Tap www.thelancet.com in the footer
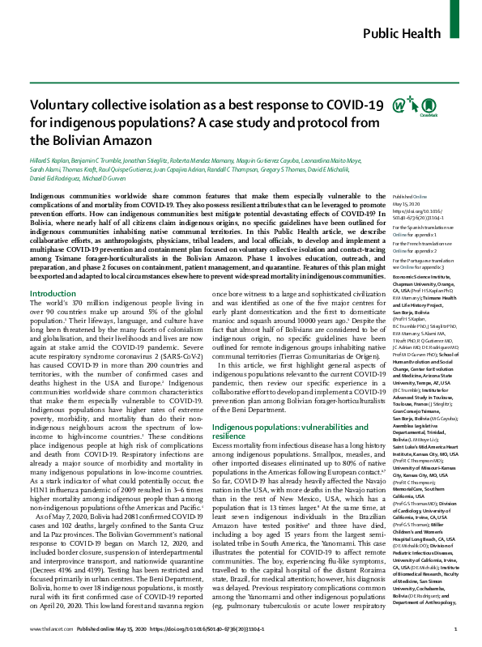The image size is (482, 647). (x=45, y=628)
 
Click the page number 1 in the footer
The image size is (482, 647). (x=457, y=628)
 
